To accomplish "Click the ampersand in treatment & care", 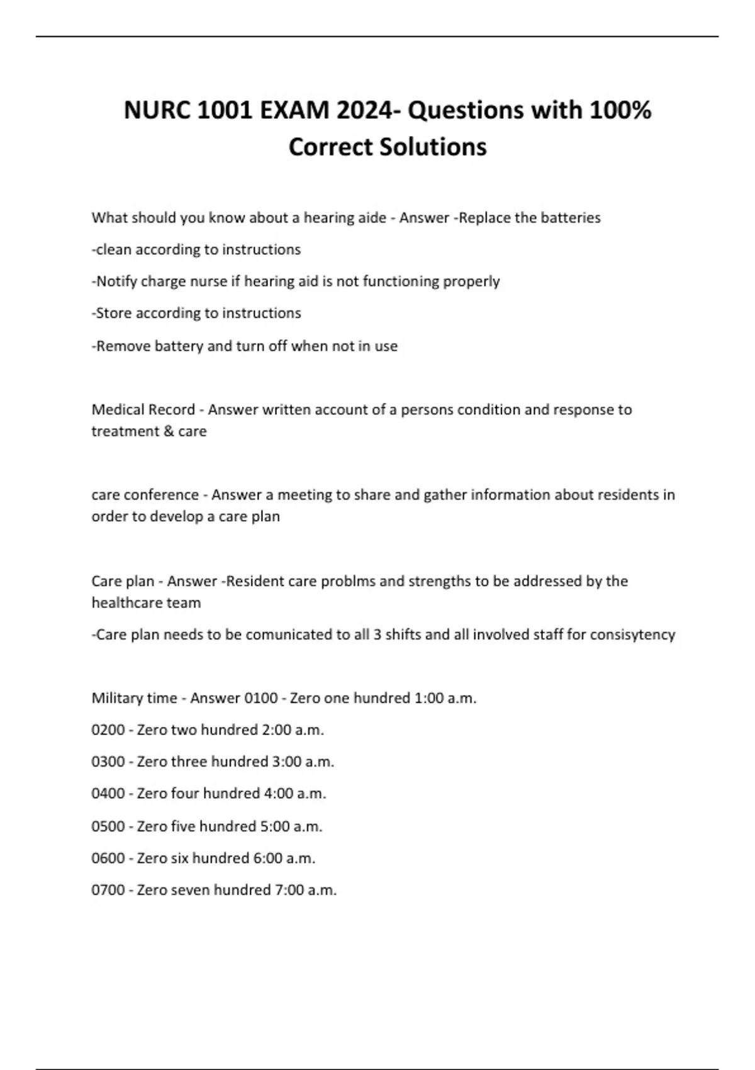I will pyautogui.click(x=167, y=432).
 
